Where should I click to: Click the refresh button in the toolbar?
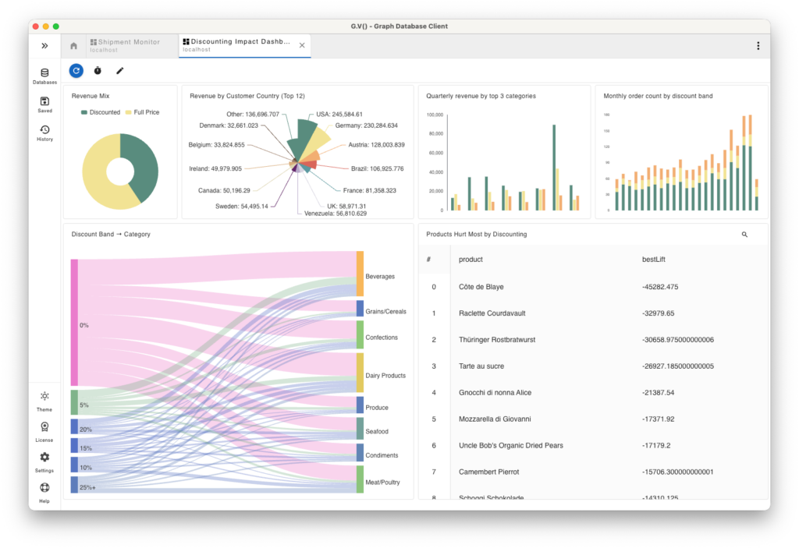tap(76, 71)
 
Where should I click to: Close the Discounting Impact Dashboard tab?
tap(302, 46)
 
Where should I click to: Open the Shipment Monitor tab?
tap(129, 45)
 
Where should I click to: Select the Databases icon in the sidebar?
tap(44, 76)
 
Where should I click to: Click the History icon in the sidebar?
tap(44, 133)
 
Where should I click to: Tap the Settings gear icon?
tap(44, 460)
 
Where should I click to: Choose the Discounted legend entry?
tap(101, 112)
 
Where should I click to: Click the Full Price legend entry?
tap(142, 112)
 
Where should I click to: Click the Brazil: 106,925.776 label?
tap(377, 169)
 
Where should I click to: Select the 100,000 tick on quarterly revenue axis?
tap(434, 115)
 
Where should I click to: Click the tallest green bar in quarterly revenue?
tap(554, 167)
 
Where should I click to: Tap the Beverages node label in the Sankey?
tap(380, 277)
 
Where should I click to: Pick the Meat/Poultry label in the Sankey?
tap(382, 483)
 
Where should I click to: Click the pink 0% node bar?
tap(74, 323)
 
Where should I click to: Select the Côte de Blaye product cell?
tap(481, 287)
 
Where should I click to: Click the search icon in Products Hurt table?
tap(744, 235)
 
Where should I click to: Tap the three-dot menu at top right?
tap(758, 46)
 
